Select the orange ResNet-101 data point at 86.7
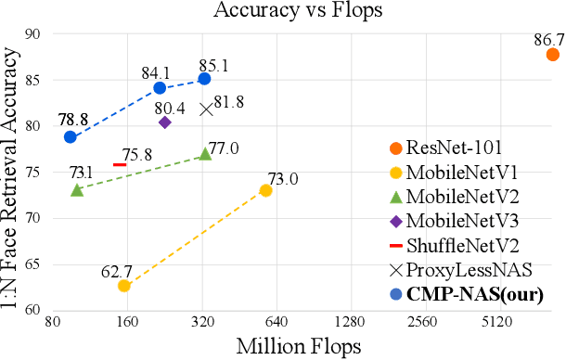point(553,55)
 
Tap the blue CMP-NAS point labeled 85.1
point(204,79)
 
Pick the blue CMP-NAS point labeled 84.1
point(160,88)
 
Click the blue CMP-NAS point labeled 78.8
point(70,136)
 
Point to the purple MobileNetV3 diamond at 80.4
point(165,122)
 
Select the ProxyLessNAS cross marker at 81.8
point(206,109)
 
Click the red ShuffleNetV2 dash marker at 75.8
point(119,164)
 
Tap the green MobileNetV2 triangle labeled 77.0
point(205,154)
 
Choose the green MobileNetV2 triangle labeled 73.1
point(77,189)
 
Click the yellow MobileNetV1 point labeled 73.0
point(265,190)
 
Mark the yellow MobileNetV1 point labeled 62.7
point(123,285)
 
